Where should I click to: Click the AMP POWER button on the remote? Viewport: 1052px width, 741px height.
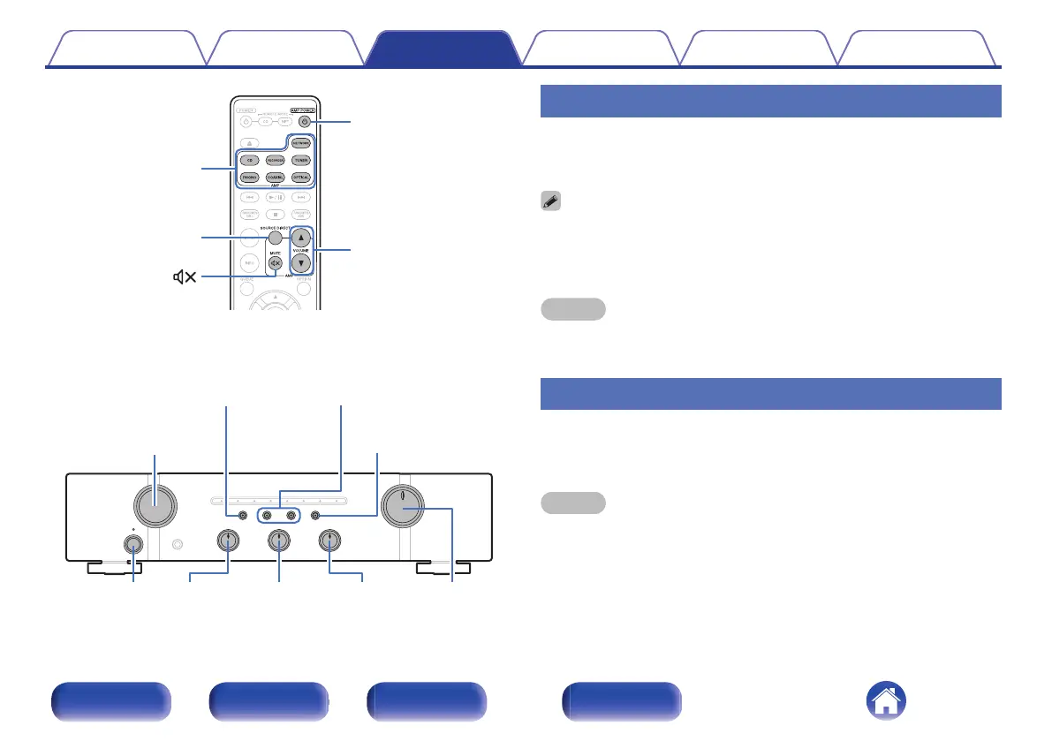tap(304, 122)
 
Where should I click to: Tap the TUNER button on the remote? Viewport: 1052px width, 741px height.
tap(302, 160)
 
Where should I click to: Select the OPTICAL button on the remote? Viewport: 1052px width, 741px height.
tap(302, 178)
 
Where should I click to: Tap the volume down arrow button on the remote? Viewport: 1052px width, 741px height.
tap(302, 263)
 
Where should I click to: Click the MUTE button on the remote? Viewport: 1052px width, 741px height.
tap(276, 263)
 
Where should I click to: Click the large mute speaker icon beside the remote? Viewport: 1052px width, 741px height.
tap(184, 278)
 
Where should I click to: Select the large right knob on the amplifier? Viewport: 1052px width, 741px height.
tap(403, 510)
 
